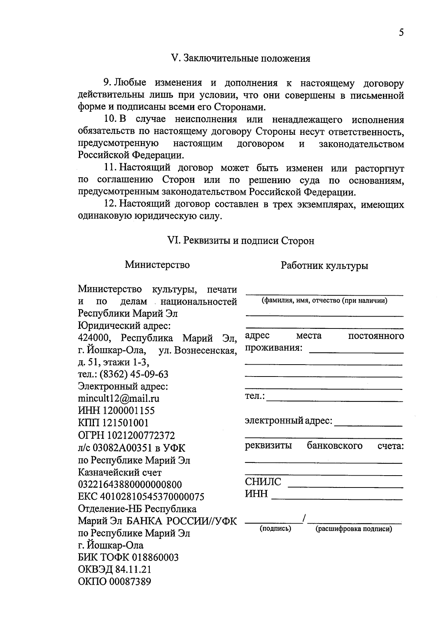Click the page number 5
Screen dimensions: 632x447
pos(401,33)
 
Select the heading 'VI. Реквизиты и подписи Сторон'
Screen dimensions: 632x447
pos(241,241)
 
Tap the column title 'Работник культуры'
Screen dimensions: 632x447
pos(324,266)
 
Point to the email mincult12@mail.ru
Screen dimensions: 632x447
pos(119,398)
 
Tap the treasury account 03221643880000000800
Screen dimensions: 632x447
pos(130,485)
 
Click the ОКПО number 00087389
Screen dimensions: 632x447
pos(130,582)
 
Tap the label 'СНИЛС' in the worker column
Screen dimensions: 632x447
pos(263,482)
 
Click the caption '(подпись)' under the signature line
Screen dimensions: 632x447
pos(275,528)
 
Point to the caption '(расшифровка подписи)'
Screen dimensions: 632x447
pos(354,529)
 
